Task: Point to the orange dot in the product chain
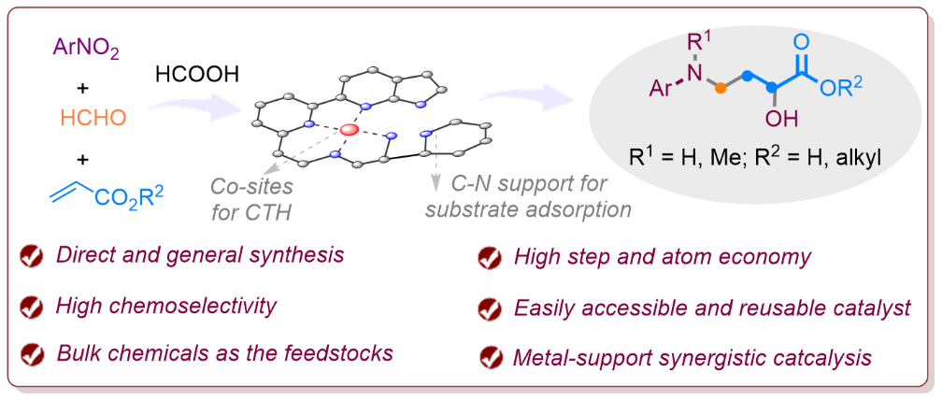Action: (721, 90)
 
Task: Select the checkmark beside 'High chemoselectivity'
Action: (33, 308)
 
